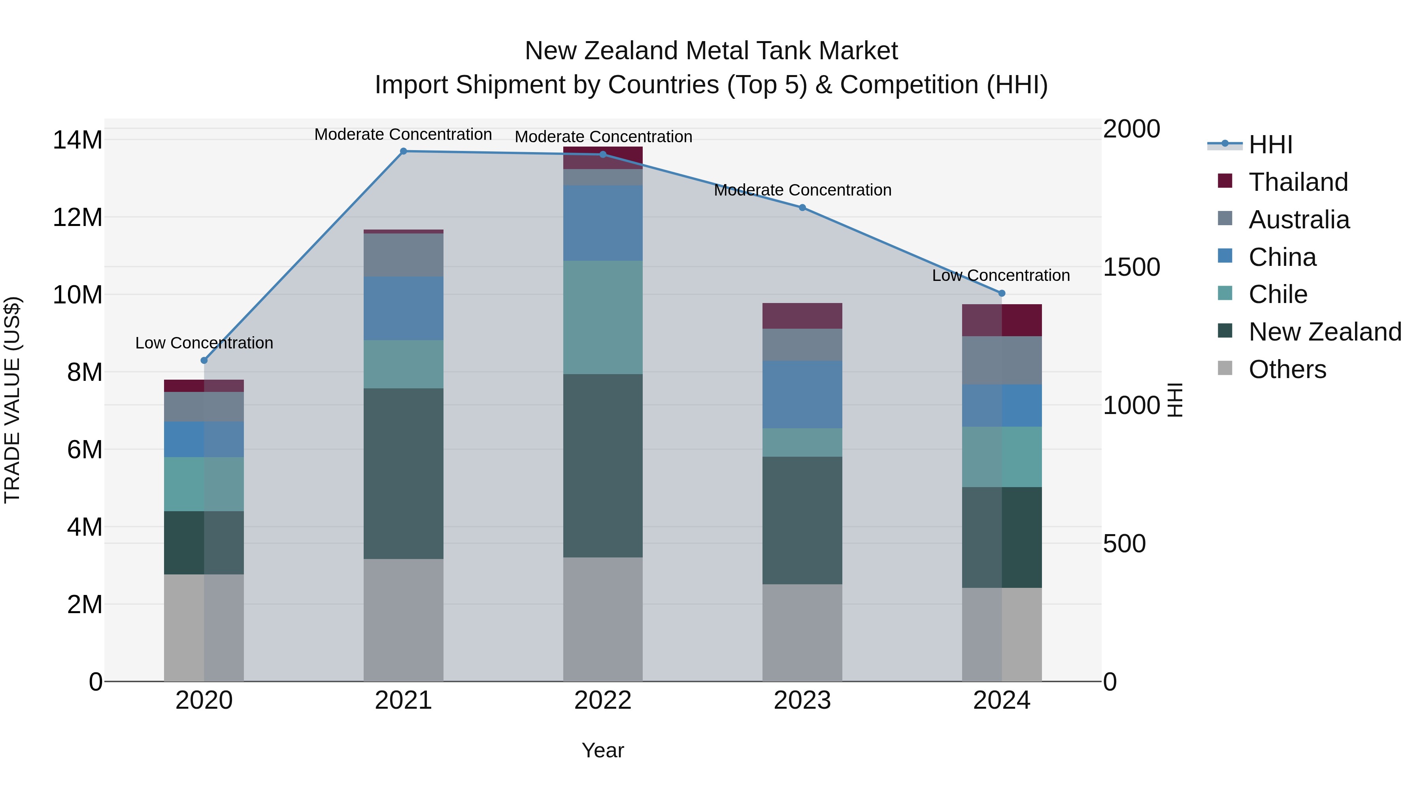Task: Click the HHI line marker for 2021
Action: pyautogui.click(x=403, y=151)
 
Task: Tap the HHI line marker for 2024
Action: pyautogui.click(x=1002, y=293)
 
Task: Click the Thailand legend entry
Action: pyautogui.click(x=1298, y=182)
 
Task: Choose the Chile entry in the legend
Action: pyautogui.click(x=1277, y=294)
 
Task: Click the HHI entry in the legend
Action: pyautogui.click(x=1270, y=145)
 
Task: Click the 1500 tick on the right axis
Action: pyautogui.click(x=1131, y=267)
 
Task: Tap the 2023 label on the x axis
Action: pyautogui.click(x=802, y=700)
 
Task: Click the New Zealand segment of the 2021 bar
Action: pyautogui.click(x=403, y=473)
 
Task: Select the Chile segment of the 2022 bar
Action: pyautogui.click(x=603, y=318)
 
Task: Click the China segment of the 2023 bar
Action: pyautogui.click(x=802, y=394)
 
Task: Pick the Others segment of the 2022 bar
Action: pyautogui.click(x=603, y=619)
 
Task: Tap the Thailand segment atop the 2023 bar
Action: pyautogui.click(x=802, y=316)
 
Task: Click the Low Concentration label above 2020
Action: pyautogui.click(x=204, y=343)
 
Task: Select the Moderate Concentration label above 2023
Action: pyautogui.click(x=802, y=190)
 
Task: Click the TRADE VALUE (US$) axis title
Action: pyautogui.click(x=12, y=400)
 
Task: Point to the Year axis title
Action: pyautogui.click(x=603, y=750)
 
